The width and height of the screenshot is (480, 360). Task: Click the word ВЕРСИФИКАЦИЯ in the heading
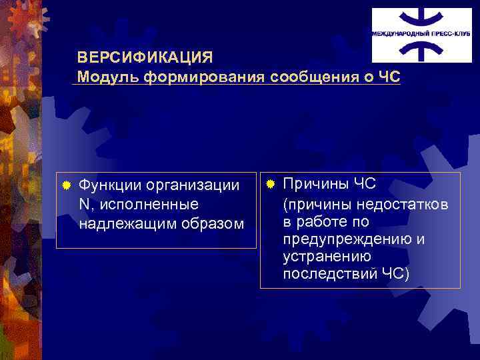pyautogui.click(x=145, y=57)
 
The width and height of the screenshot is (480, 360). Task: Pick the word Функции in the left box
pyautogui.click(x=107, y=185)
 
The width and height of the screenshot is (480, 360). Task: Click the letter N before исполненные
pyautogui.click(x=83, y=203)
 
